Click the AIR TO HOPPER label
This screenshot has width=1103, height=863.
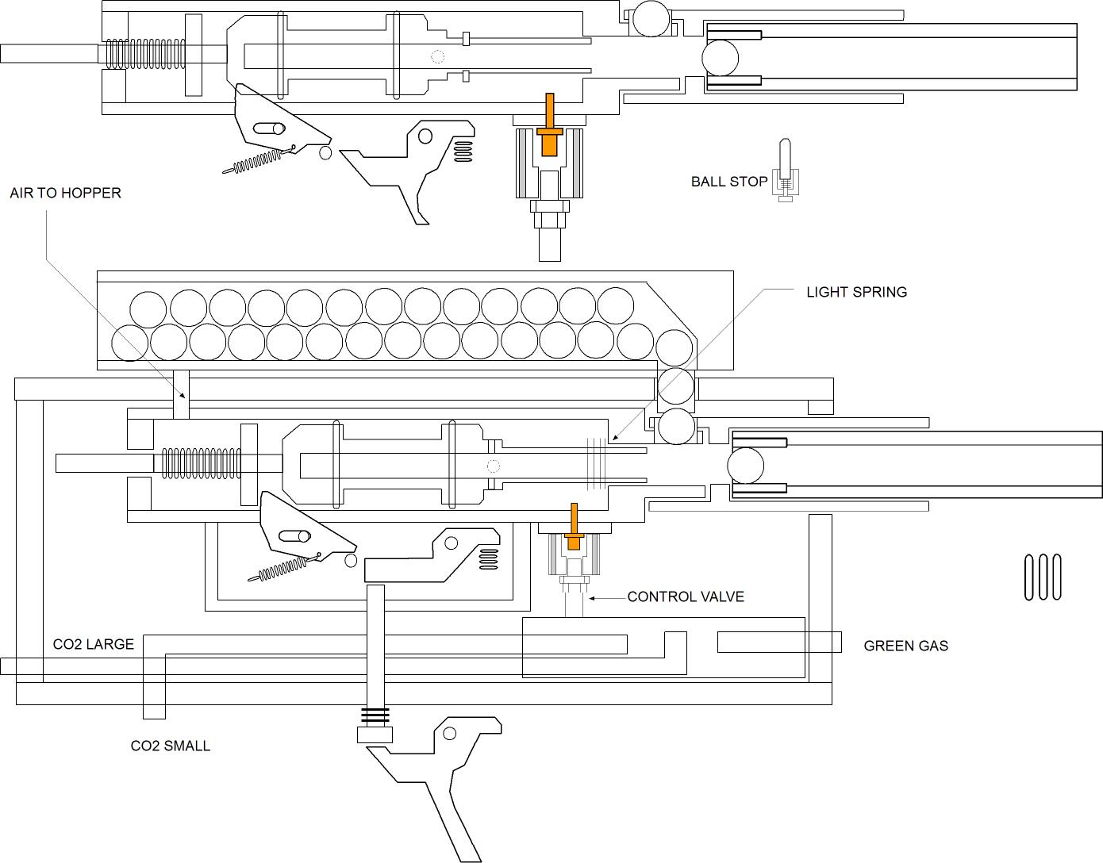[65, 193]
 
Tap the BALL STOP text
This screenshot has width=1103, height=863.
[728, 182]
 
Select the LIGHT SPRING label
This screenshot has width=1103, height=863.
[856, 292]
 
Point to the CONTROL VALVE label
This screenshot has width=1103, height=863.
[686, 596]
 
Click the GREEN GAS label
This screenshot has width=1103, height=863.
[905, 646]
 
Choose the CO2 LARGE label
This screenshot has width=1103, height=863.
[93, 644]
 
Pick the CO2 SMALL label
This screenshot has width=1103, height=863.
[170, 746]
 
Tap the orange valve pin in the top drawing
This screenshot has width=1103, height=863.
[548, 127]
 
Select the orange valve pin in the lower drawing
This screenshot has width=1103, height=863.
[573, 527]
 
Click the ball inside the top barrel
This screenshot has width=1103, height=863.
[721, 58]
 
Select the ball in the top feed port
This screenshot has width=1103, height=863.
[650, 18]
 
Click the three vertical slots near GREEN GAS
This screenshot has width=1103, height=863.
[1043, 577]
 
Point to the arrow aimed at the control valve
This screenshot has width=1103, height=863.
[607, 596]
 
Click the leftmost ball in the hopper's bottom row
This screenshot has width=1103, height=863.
[130, 342]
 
